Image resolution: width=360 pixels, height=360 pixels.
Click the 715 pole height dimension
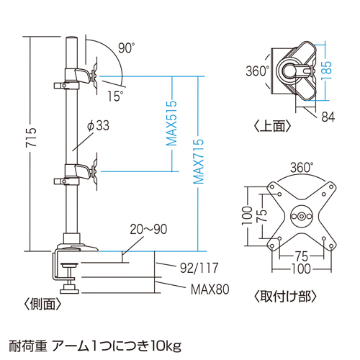pos(31,137)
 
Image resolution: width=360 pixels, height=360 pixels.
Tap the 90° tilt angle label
pos(127,48)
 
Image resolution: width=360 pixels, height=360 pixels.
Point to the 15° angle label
pos(115,96)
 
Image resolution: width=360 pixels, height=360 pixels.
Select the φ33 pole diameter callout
pos(98,125)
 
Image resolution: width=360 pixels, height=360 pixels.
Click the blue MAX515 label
pos(172,123)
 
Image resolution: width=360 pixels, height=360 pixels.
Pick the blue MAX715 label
pos(199,161)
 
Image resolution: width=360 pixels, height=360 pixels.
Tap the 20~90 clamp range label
pos(148,229)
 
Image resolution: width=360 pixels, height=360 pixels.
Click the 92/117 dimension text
pos(199,268)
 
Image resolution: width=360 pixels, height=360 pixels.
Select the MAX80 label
pos(210,289)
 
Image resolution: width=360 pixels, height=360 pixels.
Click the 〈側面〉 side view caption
pos(42,304)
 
